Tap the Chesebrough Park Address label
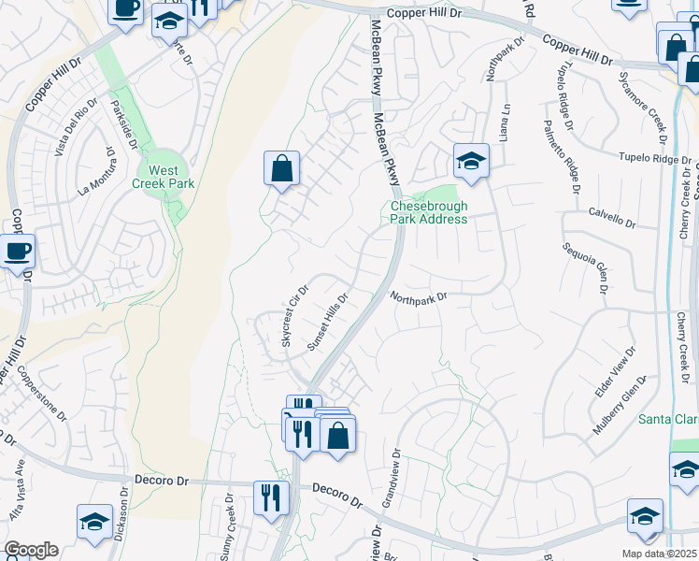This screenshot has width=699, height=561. point(428,212)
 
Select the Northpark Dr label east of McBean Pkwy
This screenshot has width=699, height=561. point(421,297)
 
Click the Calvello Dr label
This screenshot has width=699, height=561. point(612,224)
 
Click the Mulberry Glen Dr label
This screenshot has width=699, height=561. point(621,403)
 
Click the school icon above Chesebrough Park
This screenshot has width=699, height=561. point(472,161)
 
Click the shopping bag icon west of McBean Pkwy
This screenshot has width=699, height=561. point(281,169)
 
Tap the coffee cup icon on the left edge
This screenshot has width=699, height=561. point(18,252)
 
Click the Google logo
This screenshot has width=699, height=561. point(31,550)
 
